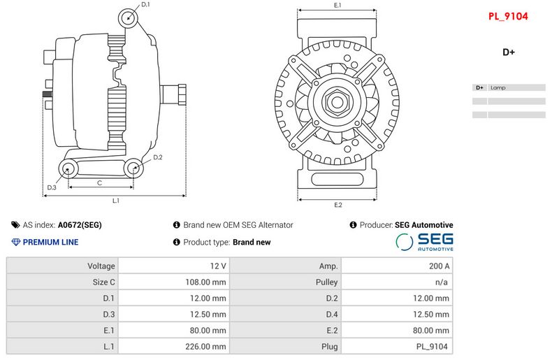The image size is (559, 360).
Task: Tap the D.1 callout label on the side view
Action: click(145, 5)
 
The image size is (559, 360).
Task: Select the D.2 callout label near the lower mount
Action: click(157, 157)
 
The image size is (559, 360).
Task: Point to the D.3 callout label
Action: click(52, 187)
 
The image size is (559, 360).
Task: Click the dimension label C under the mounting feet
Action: click(100, 182)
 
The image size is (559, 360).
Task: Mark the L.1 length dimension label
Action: click(116, 201)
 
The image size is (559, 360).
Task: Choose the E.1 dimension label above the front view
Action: click(337, 6)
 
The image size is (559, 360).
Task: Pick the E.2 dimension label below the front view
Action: click(337, 205)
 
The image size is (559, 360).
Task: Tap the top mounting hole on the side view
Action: click(126, 19)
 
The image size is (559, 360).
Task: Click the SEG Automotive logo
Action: click(425, 242)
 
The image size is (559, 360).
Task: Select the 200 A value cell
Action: click(440, 266)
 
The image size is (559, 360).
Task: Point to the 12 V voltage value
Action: click(218, 266)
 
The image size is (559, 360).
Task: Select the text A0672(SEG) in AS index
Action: click(80, 225)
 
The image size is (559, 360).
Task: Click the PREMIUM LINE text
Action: click(50, 243)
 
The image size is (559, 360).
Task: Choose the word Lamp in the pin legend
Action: click(498, 88)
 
